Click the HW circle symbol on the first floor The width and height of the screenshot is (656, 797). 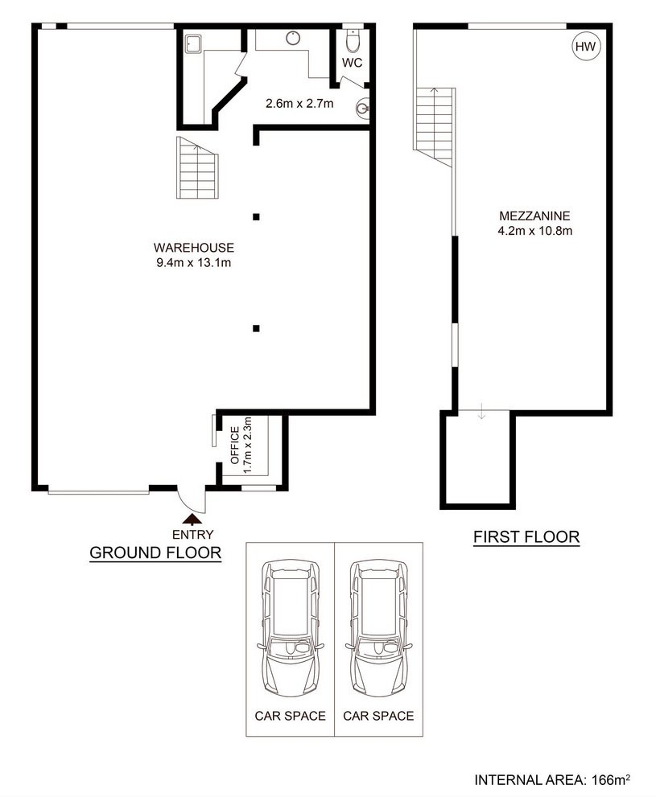(585, 47)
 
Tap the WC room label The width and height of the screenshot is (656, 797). (352, 63)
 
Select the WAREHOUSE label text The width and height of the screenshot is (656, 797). (194, 248)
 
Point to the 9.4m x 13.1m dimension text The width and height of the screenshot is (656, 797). (194, 263)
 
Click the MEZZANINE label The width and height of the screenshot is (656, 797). (534, 216)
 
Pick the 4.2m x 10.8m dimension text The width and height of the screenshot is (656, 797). (535, 231)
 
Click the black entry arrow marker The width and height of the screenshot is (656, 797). (192, 519)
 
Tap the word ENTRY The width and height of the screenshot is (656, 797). (192, 535)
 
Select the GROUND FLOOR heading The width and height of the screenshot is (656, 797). (155, 553)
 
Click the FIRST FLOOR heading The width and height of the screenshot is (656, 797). (526, 536)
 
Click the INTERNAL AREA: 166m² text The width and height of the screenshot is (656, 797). (552, 780)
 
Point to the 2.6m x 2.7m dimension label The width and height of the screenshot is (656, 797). (299, 104)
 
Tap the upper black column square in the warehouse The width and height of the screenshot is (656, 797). (256, 217)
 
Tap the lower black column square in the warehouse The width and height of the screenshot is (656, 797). (256, 328)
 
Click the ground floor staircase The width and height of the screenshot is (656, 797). (198, 168)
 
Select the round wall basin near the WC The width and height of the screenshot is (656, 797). (362, 108)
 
